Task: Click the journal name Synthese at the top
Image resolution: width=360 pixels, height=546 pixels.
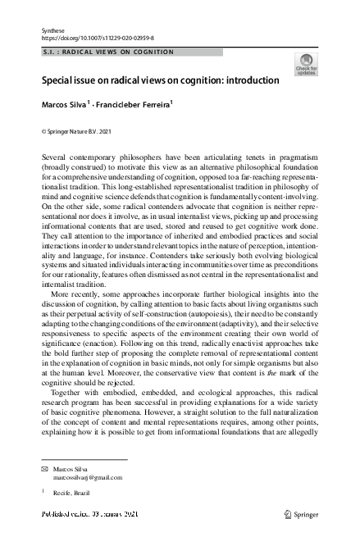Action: coord(52,30)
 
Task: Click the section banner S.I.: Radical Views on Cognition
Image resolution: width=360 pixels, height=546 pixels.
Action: coord(108,52)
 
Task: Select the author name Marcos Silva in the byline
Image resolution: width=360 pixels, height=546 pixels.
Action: coord(67,106)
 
